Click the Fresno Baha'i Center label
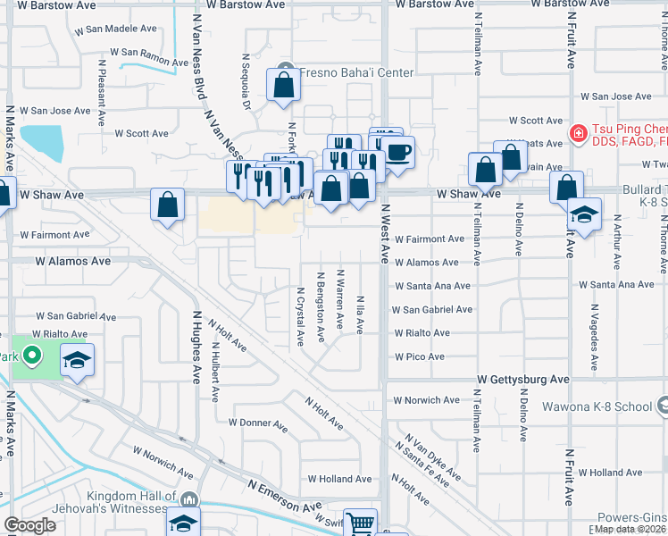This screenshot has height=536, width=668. [355, 72]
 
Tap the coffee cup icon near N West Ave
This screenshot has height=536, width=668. [398, 150]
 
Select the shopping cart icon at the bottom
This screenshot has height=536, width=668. [360, 523]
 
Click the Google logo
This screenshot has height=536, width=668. [29, 525]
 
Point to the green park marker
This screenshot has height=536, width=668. [33, 357]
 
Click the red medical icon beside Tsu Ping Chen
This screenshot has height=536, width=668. [578, 134]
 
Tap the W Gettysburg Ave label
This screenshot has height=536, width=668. [522, 380]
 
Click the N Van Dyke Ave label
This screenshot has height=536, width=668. [433, 457]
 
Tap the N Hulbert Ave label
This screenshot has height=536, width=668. [215, 370]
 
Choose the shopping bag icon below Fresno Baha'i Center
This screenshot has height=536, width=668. [283, 87]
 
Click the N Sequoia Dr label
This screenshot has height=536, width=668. [245, 81]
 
